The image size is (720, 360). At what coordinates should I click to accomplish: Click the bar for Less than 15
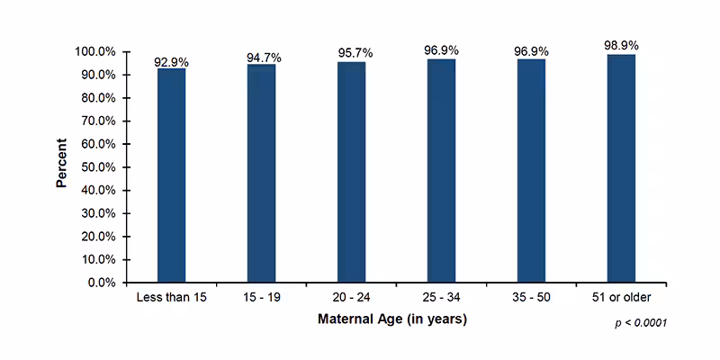coord(171,175)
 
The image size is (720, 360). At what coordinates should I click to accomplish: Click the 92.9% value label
coord(172,61)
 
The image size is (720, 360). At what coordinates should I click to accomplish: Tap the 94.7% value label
coord(264,58)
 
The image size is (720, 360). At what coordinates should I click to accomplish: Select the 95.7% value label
coord(354,54)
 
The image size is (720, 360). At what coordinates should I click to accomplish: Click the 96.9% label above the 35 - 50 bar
coord(531,51)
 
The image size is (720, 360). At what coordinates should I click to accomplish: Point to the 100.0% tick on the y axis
coord(94,52)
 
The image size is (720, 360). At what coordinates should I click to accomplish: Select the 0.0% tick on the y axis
coord(101,283)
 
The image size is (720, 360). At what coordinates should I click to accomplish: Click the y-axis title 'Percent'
coord(62,163)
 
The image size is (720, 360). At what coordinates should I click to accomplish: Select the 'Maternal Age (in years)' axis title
coord(392,319)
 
